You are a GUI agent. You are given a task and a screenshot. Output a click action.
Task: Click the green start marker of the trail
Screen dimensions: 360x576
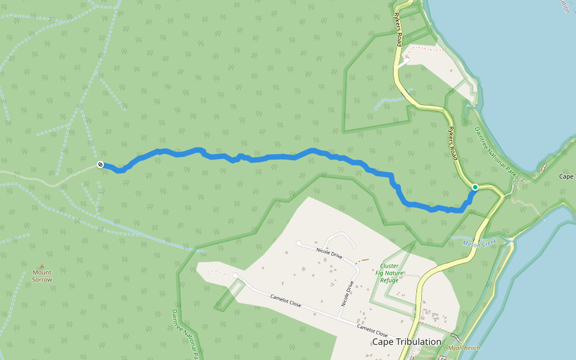click(x=475, y=187)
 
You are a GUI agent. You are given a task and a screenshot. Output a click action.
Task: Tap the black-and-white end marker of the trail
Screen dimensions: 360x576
click(x=100, y=165)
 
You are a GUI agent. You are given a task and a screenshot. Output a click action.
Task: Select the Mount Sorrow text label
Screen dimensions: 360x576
click(x=42, y=276)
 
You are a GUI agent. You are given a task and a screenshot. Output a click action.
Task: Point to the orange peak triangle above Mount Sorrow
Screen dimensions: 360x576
click(x=42, y=266)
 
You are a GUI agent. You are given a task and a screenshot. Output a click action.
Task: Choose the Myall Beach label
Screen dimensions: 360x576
click(x=464, y=348)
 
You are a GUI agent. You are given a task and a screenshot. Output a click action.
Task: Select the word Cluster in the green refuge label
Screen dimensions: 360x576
click(x=389, y=265)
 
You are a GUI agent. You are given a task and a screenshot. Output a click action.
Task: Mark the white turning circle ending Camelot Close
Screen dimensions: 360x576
click(x=236, y=276)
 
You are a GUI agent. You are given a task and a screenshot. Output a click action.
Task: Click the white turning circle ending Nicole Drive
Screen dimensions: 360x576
click(x=299, y=243)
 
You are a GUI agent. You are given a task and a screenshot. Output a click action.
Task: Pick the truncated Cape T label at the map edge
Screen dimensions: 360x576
click(x=567, y=176)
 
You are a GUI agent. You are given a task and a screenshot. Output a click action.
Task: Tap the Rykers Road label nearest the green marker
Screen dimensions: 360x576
click(x=453, y=144)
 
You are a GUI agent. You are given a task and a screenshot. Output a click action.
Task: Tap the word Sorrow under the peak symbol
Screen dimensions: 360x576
click(x=42, y=280)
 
